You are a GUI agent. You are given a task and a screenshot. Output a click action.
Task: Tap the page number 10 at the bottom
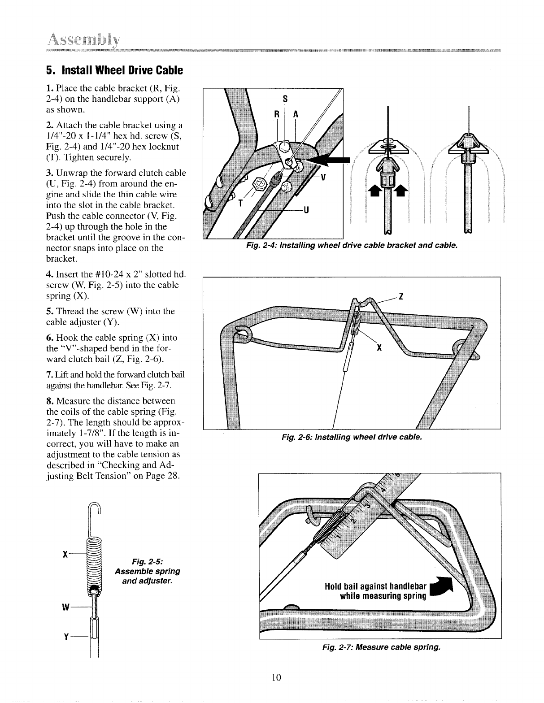tap(276, 677)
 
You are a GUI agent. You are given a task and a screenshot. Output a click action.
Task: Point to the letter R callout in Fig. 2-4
tap(277, 114)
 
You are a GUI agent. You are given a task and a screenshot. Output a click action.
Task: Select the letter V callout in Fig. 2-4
tap(323, 177)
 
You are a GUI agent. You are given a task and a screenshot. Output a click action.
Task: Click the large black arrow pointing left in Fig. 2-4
tap(330, 159)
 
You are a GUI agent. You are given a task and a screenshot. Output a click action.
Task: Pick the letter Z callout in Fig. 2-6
tap(402, 296)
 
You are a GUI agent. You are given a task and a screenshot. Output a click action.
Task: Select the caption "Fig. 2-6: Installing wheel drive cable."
tap(352, 437)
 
